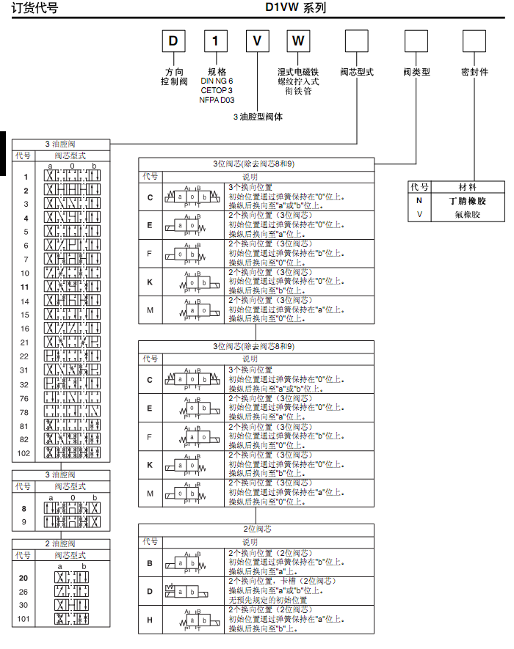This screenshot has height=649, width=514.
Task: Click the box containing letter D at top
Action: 173,40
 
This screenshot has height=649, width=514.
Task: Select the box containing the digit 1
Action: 215,40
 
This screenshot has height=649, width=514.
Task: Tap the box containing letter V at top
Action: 257,40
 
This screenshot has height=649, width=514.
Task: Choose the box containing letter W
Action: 297,40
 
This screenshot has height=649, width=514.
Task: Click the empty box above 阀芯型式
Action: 356,40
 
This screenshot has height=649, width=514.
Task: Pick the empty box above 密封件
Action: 474,40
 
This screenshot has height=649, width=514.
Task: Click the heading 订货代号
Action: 35,9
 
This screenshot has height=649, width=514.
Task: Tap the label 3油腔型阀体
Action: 258,117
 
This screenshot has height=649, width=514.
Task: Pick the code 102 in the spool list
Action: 25,453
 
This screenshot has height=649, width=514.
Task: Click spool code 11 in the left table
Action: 25,287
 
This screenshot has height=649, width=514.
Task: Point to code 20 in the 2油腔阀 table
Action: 23,578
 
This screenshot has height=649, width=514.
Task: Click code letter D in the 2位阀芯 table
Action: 150,590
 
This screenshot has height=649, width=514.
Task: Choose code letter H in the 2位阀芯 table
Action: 150,620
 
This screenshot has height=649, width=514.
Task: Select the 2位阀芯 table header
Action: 257,529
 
